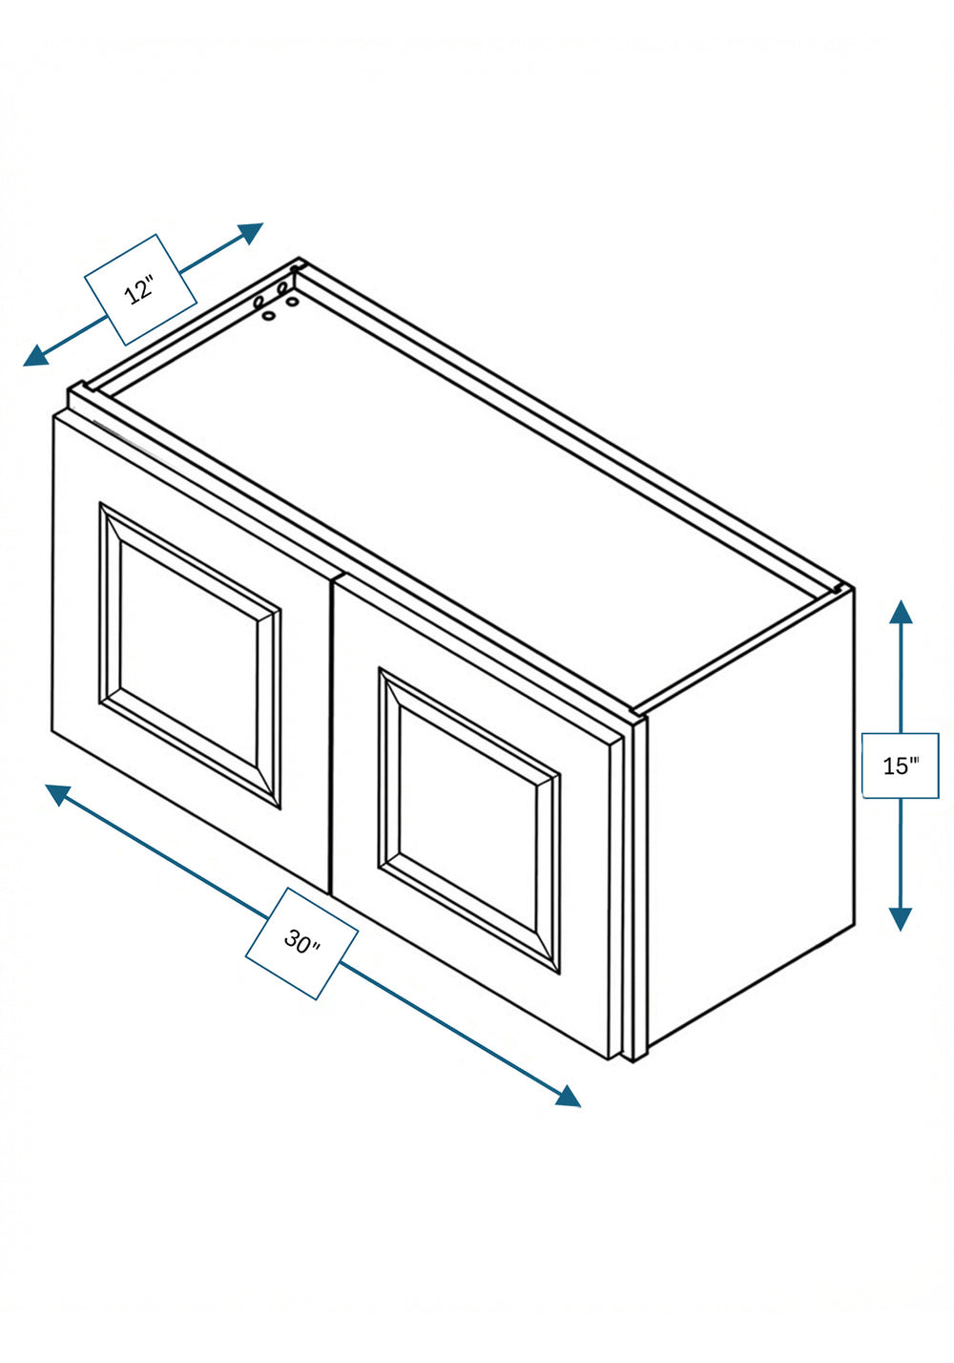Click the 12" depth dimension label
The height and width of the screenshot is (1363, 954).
pos(140,289)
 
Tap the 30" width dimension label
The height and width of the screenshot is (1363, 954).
pos(301,942)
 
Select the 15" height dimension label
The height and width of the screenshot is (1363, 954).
pos(901,765)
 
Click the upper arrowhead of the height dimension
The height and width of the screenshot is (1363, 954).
pos(901,613)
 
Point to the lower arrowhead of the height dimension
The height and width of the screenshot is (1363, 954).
pos(901,918)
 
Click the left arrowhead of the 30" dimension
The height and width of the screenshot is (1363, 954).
pos(58,793)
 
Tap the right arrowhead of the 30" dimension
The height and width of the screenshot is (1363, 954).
pos(568,1096)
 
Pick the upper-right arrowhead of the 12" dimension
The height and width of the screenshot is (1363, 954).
pos(250,233)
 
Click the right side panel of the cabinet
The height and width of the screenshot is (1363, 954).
pos(751,825)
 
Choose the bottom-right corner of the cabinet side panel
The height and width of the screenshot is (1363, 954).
pos(854,926)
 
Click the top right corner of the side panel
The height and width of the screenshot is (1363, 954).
pos(854,588)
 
